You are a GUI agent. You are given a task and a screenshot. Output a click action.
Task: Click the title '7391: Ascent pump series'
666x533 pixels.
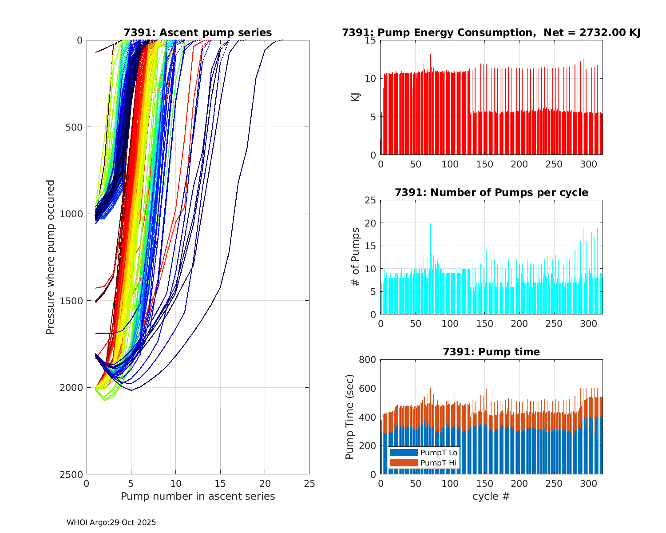[x=198, y=32]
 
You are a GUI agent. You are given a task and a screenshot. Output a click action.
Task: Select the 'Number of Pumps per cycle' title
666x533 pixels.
[x=491, y=192]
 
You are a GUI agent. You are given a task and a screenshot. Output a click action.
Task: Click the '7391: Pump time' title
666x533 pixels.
[x=491, y=352]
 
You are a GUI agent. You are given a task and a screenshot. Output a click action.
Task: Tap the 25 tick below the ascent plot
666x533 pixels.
[x=309, y=483]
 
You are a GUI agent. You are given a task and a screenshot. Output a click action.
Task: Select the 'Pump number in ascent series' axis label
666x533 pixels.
[x=198, y=496]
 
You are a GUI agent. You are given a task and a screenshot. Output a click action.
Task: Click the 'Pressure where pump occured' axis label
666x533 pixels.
[x=50, y=257]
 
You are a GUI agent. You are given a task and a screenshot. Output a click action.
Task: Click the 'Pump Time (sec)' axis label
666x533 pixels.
[x=350, y=417]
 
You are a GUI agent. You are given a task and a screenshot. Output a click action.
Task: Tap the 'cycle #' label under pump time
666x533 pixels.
[x=491, y=496]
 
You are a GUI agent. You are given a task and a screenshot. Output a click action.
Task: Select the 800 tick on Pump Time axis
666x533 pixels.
[x=368, y=360]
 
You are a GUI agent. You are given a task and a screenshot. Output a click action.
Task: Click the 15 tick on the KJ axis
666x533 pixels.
[x=370, y=40]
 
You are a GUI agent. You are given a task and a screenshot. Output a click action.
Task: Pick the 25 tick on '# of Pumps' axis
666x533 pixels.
[x=370, y=200]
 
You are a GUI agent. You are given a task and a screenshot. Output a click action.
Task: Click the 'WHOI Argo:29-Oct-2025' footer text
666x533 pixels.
[x=111, y=522]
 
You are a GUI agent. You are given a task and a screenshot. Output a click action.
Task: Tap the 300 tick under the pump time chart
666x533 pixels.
[x=589, y=483]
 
